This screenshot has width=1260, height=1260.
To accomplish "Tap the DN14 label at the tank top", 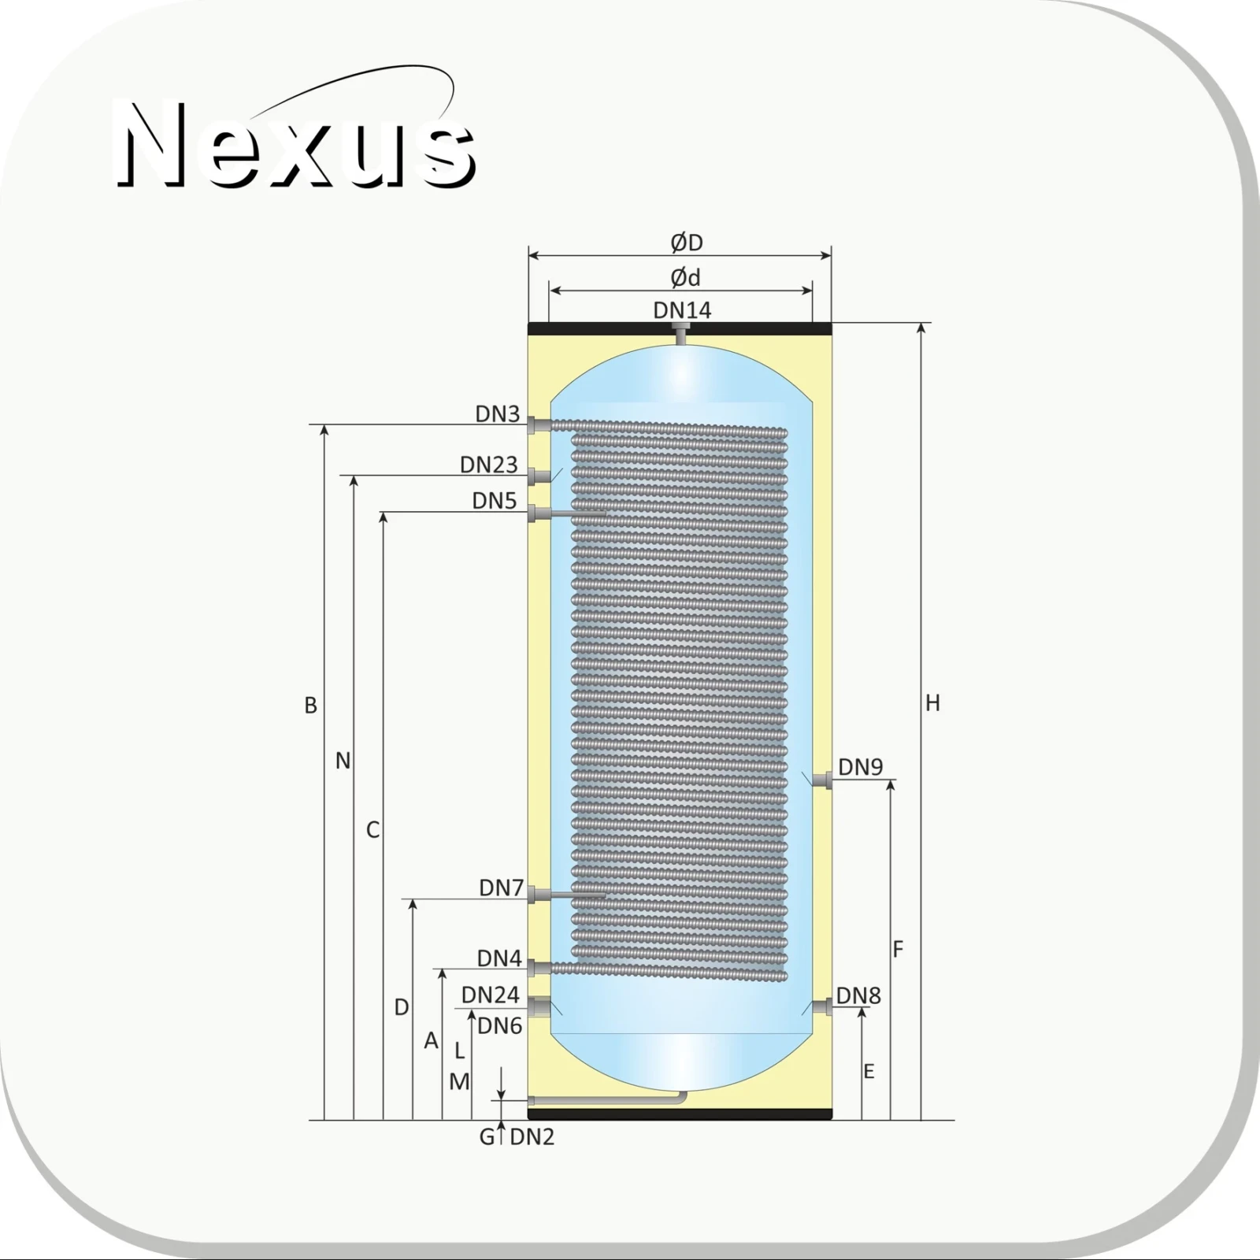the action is pos(682,310).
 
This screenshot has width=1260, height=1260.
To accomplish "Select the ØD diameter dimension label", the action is pos(687,243).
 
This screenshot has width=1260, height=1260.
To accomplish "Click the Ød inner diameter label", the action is pos(685,277).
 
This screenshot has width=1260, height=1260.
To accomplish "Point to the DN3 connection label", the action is pos(498,413).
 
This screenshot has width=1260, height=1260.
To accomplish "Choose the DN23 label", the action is pos(489,465).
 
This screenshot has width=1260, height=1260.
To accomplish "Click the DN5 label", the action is pos(495,501).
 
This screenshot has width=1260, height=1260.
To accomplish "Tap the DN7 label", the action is pos(502,888).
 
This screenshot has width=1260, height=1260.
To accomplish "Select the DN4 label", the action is pos(499,958).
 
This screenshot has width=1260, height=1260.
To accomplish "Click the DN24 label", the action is pos(491,995).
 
